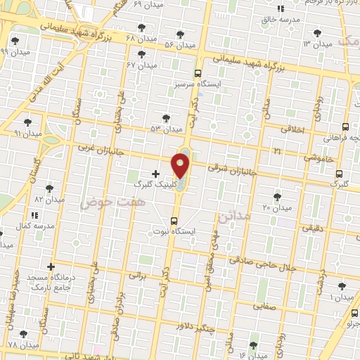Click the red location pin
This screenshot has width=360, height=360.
pyautogui.click(x=181, y=166)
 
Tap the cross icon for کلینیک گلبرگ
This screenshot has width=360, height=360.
pyautogui.click(x=155, y=173)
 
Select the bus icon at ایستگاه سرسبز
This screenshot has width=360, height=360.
pyautogui.click(x=197, y=73)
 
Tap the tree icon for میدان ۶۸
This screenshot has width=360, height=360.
pyautogui.click(x=143, y=27)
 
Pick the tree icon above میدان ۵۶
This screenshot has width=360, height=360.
pyautogui.click(x=181, y=34)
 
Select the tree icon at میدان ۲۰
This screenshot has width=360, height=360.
pyautogui.click(x=277, y=197)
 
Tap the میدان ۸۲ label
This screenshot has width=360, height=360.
pyautogui.click(x=49, y=199)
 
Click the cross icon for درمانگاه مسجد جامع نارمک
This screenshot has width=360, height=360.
pyautogui.click(x=51, y=266)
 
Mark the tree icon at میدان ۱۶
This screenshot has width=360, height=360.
pyautogui.click(x=254, y=345)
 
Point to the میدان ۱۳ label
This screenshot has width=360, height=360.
pyautogui.click(x=316, y=44)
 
